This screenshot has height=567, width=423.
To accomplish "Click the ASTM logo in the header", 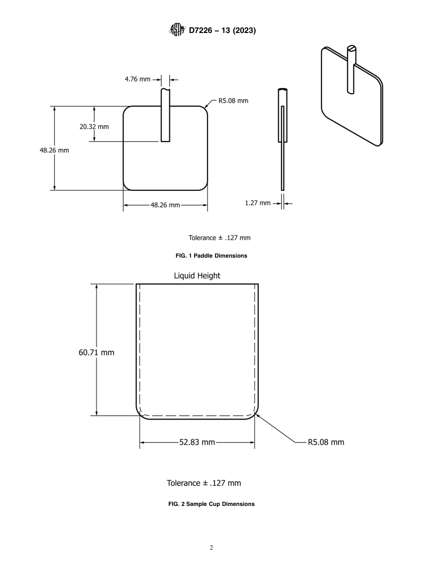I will pyautogui.click(x=176, y=30).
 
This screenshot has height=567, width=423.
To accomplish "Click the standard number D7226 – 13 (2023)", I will pyautogui.click(x=222, y=31).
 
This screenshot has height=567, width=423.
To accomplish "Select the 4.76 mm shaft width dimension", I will pyautogui.click(x=138, y=79).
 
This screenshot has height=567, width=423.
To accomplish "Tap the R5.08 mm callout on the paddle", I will pyautogui.click(x=233, y=101).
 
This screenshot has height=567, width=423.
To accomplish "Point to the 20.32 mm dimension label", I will pyautogui.click(x=94, y=127).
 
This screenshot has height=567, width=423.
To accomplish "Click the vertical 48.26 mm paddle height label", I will pyautogui.click(x=54, y=150).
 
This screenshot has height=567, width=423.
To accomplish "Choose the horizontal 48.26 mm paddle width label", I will pyautogui.click(x=165, y=205).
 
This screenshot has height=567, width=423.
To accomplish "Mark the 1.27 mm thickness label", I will pyautogui.click(x=257, y=203).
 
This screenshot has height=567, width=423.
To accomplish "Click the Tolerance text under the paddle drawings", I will pyautogui.click(x=219, y=238).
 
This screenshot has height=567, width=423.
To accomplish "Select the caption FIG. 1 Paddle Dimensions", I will pyautogui.click(x=211, y=256).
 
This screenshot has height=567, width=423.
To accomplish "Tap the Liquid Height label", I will pyautogui.click(x=197, y=276).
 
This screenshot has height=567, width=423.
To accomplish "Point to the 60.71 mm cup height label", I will pyautogui.click(x=96, y=353).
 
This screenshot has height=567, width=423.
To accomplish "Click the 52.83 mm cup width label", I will pyautogui.click(x=197, y=442).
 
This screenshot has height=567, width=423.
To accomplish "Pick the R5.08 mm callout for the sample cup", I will pyautogui.click(x=326, y=442).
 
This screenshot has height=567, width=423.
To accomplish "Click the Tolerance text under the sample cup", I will pyautogui.click(x=203, y=483).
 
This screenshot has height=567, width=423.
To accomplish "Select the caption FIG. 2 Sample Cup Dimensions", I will pyautogui.click(x=211, y=504).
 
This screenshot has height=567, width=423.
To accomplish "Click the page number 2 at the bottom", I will pyautogui.click(x=211, y=548).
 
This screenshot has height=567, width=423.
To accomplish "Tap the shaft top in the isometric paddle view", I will pyautogui.click(x=352, y=48).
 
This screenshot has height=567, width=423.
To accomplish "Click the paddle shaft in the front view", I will pyautogui.click(x=165, y=116).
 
